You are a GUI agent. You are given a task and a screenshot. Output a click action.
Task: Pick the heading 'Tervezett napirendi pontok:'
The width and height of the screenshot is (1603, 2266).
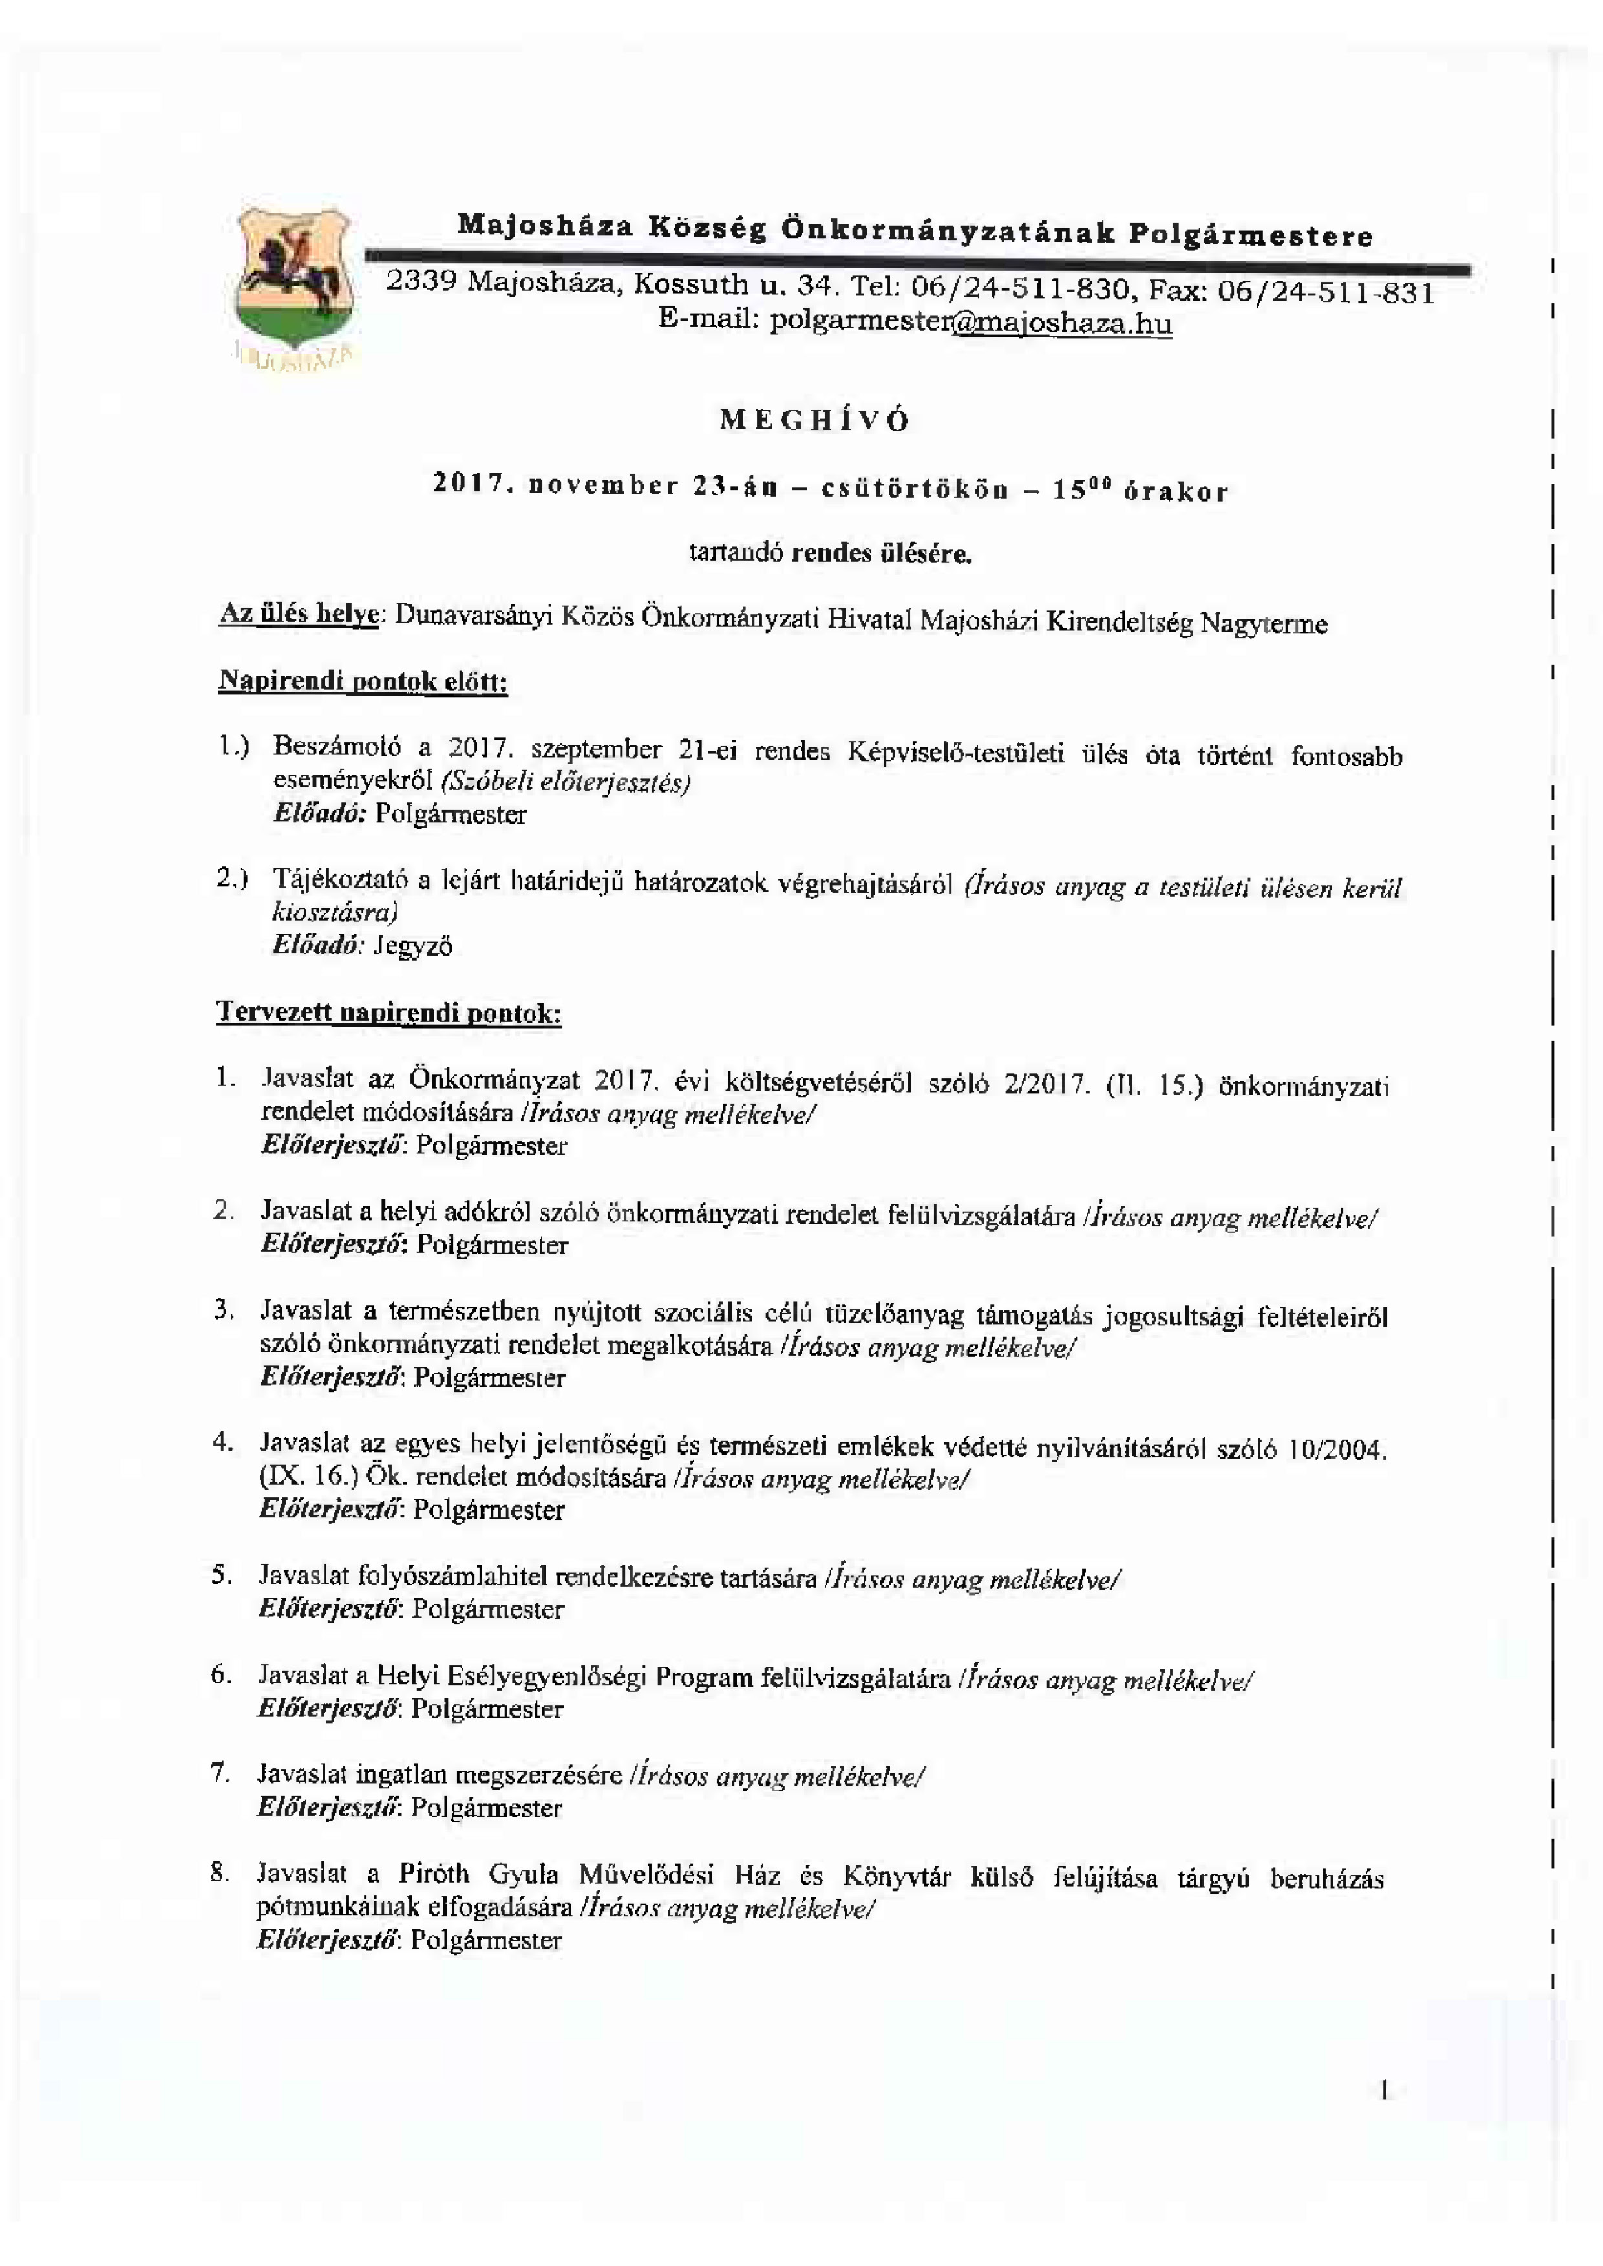(x=389, y=1014)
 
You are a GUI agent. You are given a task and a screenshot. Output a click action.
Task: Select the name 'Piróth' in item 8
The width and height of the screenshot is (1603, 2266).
(x=434, y=1874)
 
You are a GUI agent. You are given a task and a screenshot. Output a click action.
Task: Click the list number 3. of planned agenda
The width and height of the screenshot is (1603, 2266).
(x=223, y=1310)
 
